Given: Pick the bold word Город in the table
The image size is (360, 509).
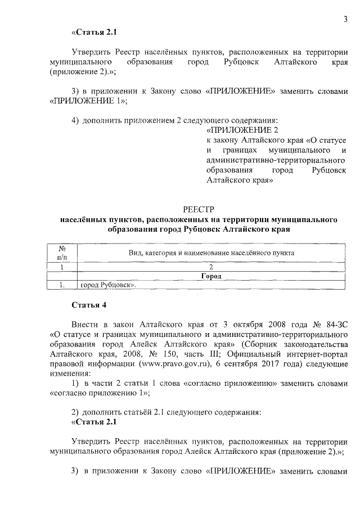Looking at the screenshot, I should click(x=210, y=276).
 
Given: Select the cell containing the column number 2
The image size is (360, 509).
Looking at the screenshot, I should click(x=210, y=267).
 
